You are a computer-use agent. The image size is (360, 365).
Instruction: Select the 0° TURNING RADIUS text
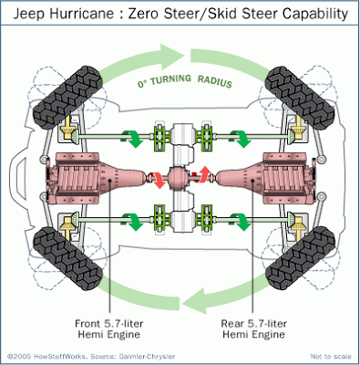(181, 84)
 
